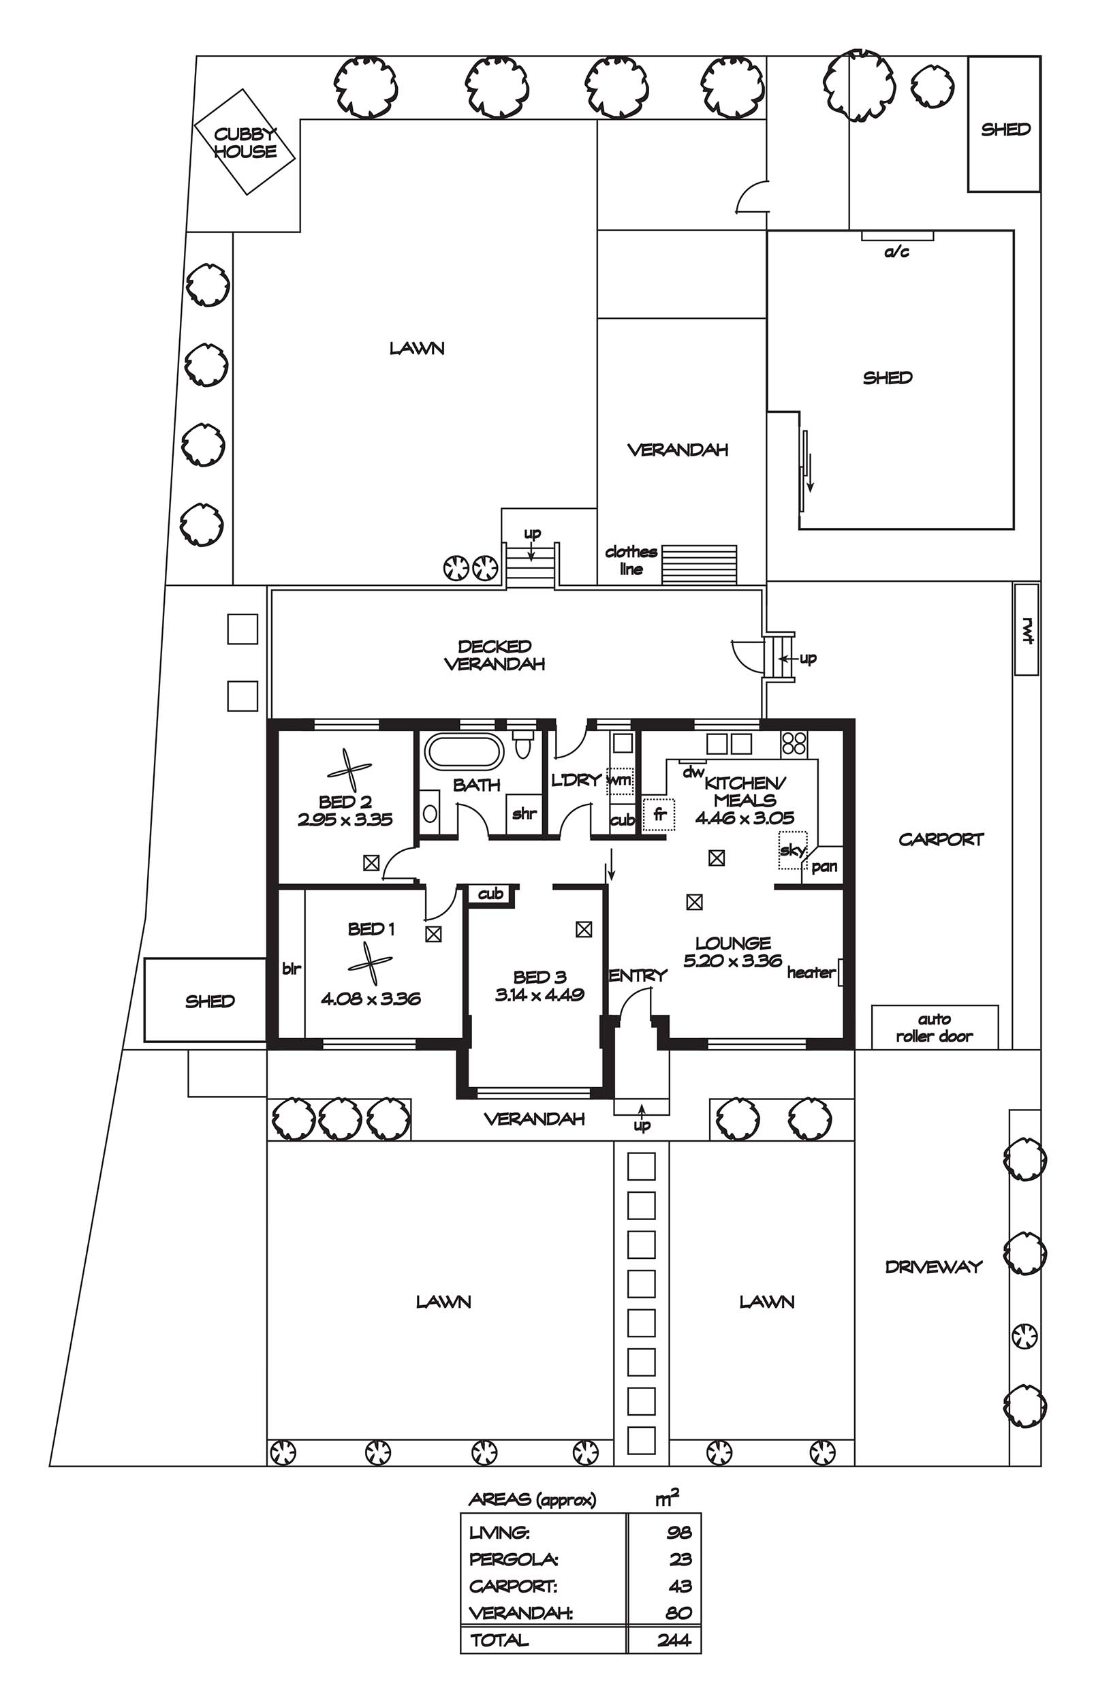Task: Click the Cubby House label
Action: pos(245,142)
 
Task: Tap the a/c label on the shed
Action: pos(896,251)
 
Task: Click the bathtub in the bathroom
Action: pos(464,751)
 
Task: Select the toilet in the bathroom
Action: pos(523,744)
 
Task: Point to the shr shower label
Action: pos(524,813)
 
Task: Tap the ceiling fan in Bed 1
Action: pos(371,965)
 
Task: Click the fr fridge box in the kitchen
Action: pos(658,814)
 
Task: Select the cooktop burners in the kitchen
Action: pos(794,743)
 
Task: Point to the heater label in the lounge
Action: pos(811,972)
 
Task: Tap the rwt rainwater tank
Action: pos(1026,629)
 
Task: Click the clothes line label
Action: pos(631,560)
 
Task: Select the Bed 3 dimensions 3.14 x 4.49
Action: pos(539,994)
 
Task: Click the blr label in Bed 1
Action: pos(292,968)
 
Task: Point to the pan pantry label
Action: pos(824,866)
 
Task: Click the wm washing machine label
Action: pos(619,779)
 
